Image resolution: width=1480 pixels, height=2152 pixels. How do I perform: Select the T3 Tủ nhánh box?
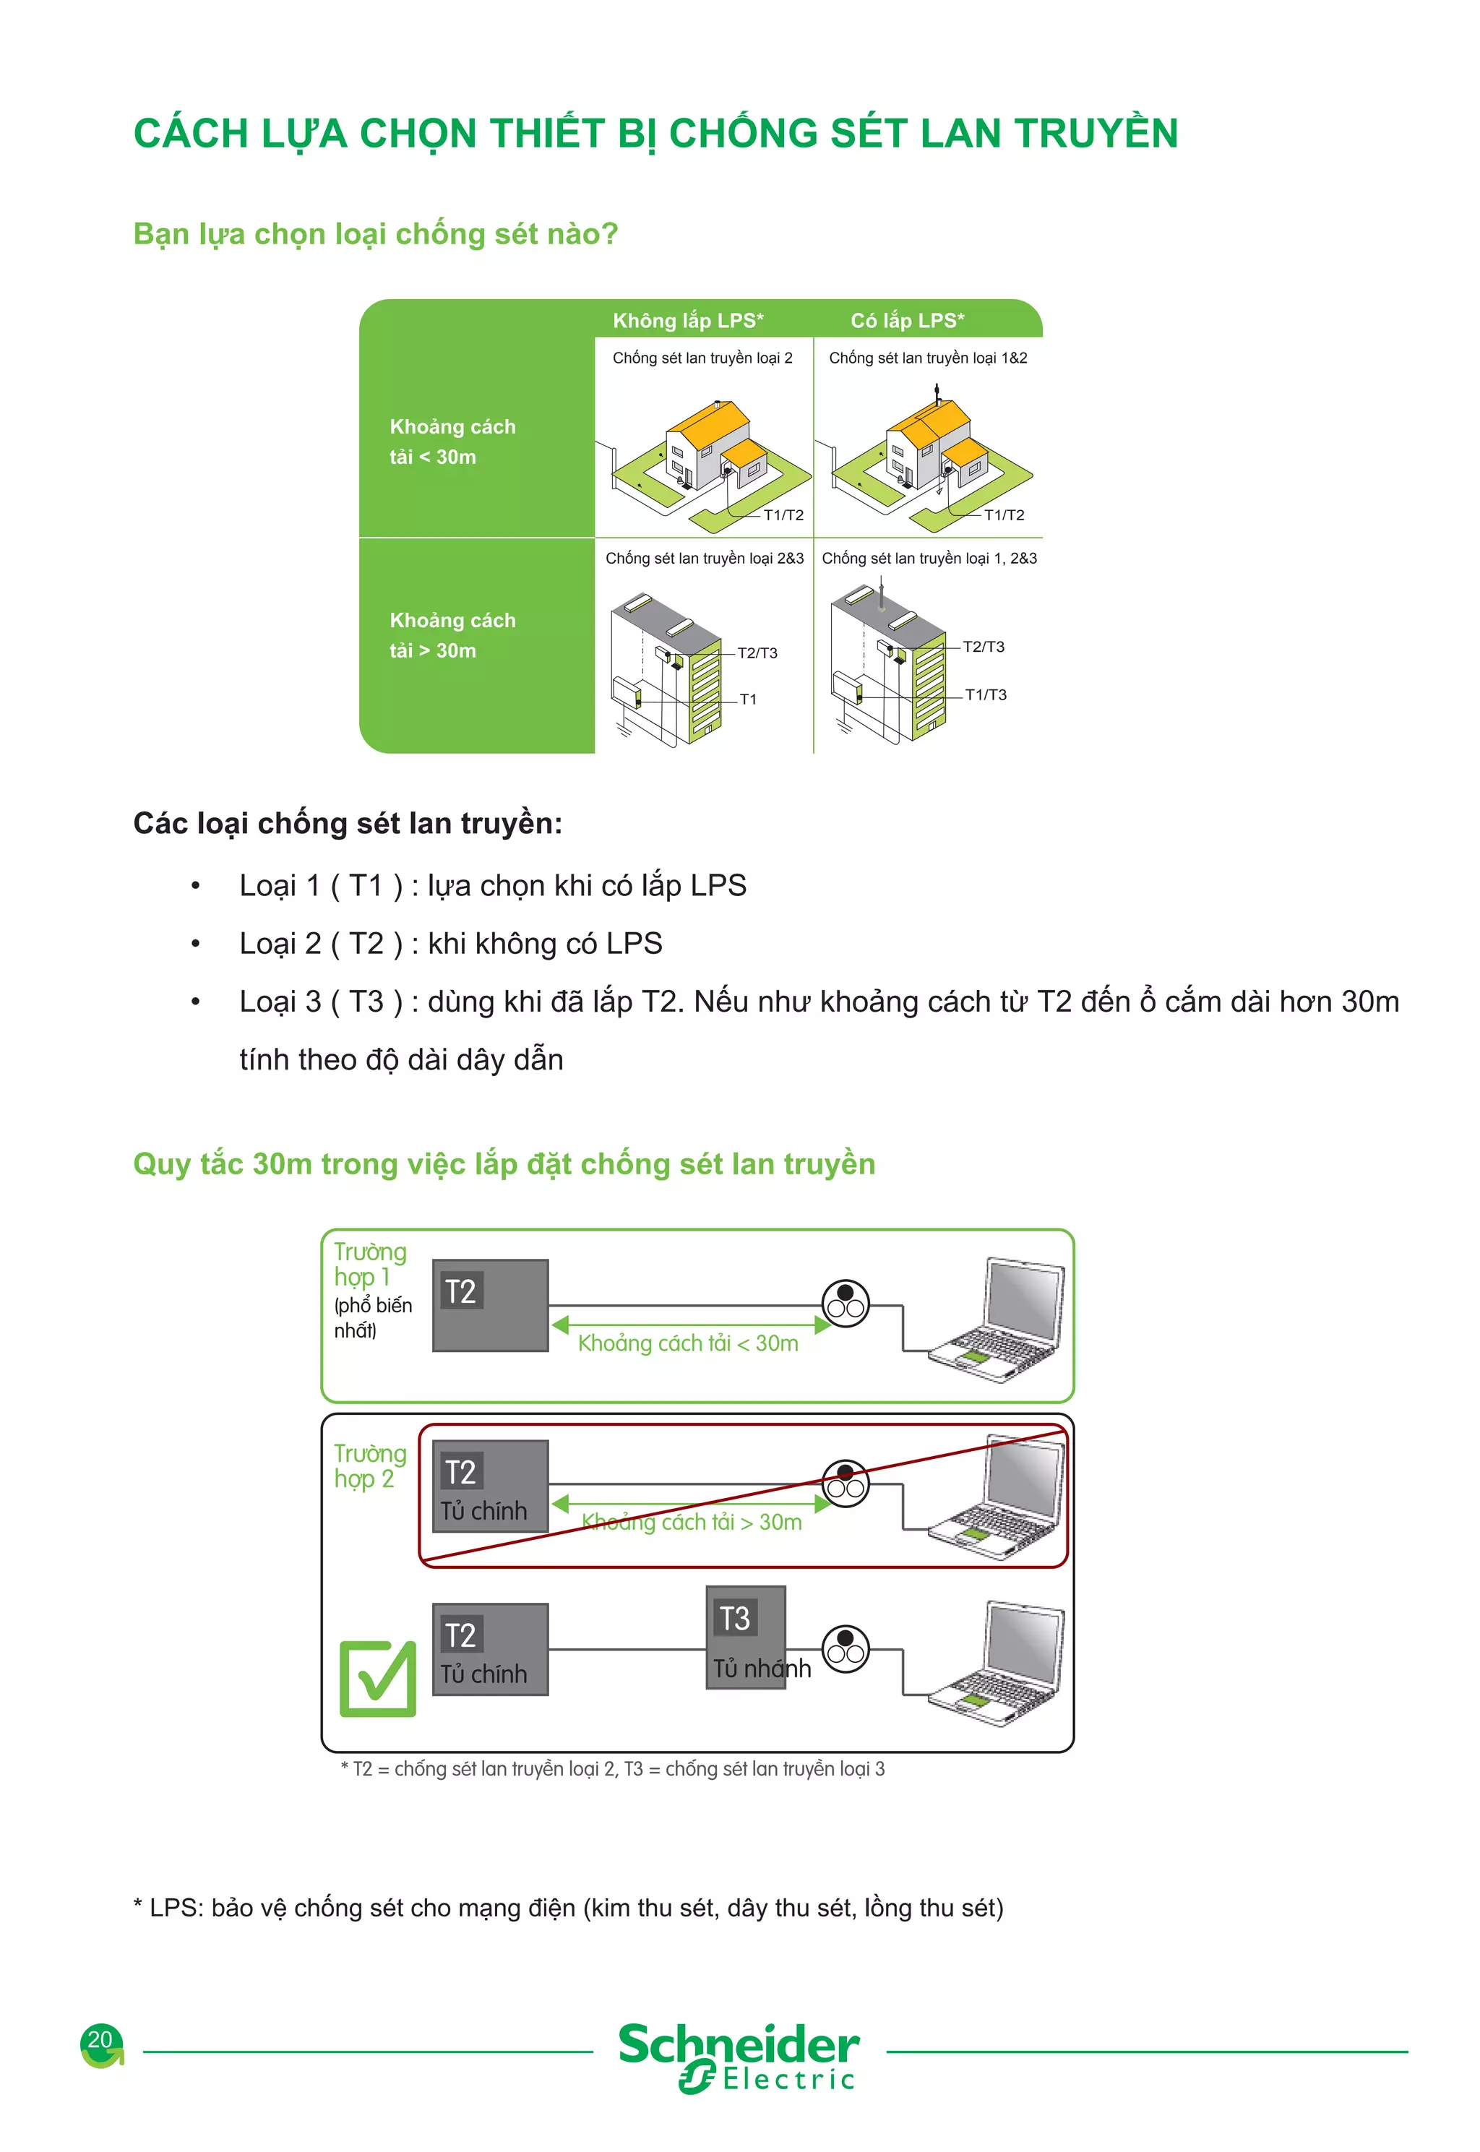click(x=746, y=1637)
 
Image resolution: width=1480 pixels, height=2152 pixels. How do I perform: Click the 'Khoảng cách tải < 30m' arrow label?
click(x=687, y=1343)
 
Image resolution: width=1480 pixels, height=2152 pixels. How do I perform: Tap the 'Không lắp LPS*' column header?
click(x=688, y=321)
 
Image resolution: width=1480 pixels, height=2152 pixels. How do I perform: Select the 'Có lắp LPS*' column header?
click(x=907, y=321)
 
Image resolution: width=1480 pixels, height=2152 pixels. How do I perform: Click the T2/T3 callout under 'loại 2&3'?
click(x=757, y=653)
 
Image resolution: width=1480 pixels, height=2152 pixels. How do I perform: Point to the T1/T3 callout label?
click(x=985, y=694)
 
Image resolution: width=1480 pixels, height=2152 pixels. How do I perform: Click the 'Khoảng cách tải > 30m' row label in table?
click(x=452, y=635)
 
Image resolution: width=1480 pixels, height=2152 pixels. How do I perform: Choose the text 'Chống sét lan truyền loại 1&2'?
click(x=927, y=358)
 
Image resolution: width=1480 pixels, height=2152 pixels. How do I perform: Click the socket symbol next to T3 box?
click(x=846, y=1648)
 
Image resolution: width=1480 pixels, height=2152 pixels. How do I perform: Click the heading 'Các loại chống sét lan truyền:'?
click(x=348, y=823)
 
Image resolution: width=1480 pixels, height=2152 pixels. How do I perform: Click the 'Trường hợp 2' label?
click(x=369, y=1466)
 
